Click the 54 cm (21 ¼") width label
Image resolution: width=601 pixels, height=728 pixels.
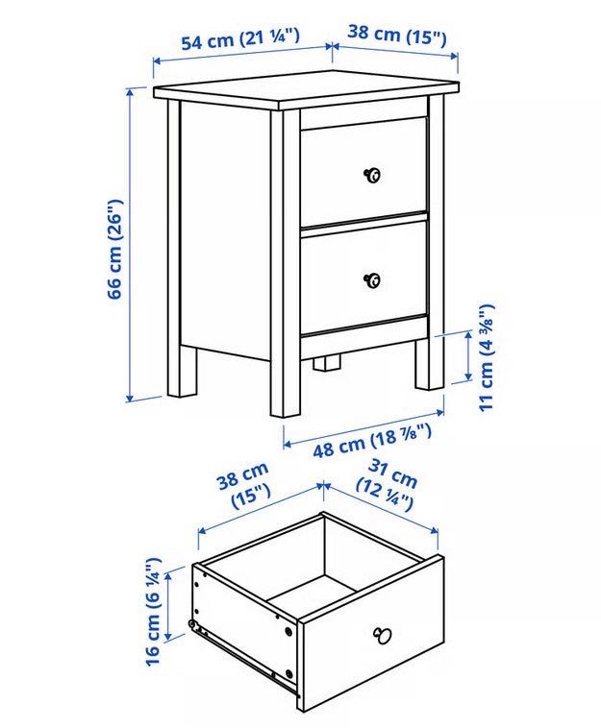239,38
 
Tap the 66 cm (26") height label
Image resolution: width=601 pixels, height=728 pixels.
114,249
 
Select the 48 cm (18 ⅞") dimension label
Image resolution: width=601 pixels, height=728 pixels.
372,442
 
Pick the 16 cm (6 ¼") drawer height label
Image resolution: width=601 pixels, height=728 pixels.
153,612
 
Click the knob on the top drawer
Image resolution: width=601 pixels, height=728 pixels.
372,175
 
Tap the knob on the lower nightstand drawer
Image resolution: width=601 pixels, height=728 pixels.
372,280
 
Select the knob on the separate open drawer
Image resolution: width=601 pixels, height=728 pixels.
383,635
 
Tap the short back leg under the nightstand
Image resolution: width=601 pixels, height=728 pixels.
326,362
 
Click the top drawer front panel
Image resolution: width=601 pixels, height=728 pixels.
363,170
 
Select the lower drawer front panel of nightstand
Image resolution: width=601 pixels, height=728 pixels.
363,277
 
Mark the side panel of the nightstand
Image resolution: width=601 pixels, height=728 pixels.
225,231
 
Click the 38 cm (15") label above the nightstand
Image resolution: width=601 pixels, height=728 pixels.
397,36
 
